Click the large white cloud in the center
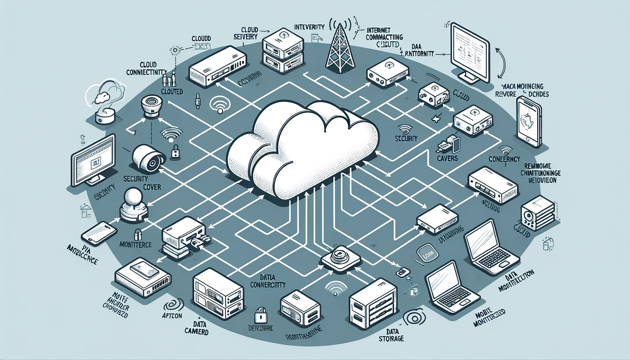(x=302, y=148)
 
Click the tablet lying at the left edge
(x=99, y=233)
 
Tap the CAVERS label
(x=447, y=159)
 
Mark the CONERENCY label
(x=504, y=159)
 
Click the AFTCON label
(x=172, y=316)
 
